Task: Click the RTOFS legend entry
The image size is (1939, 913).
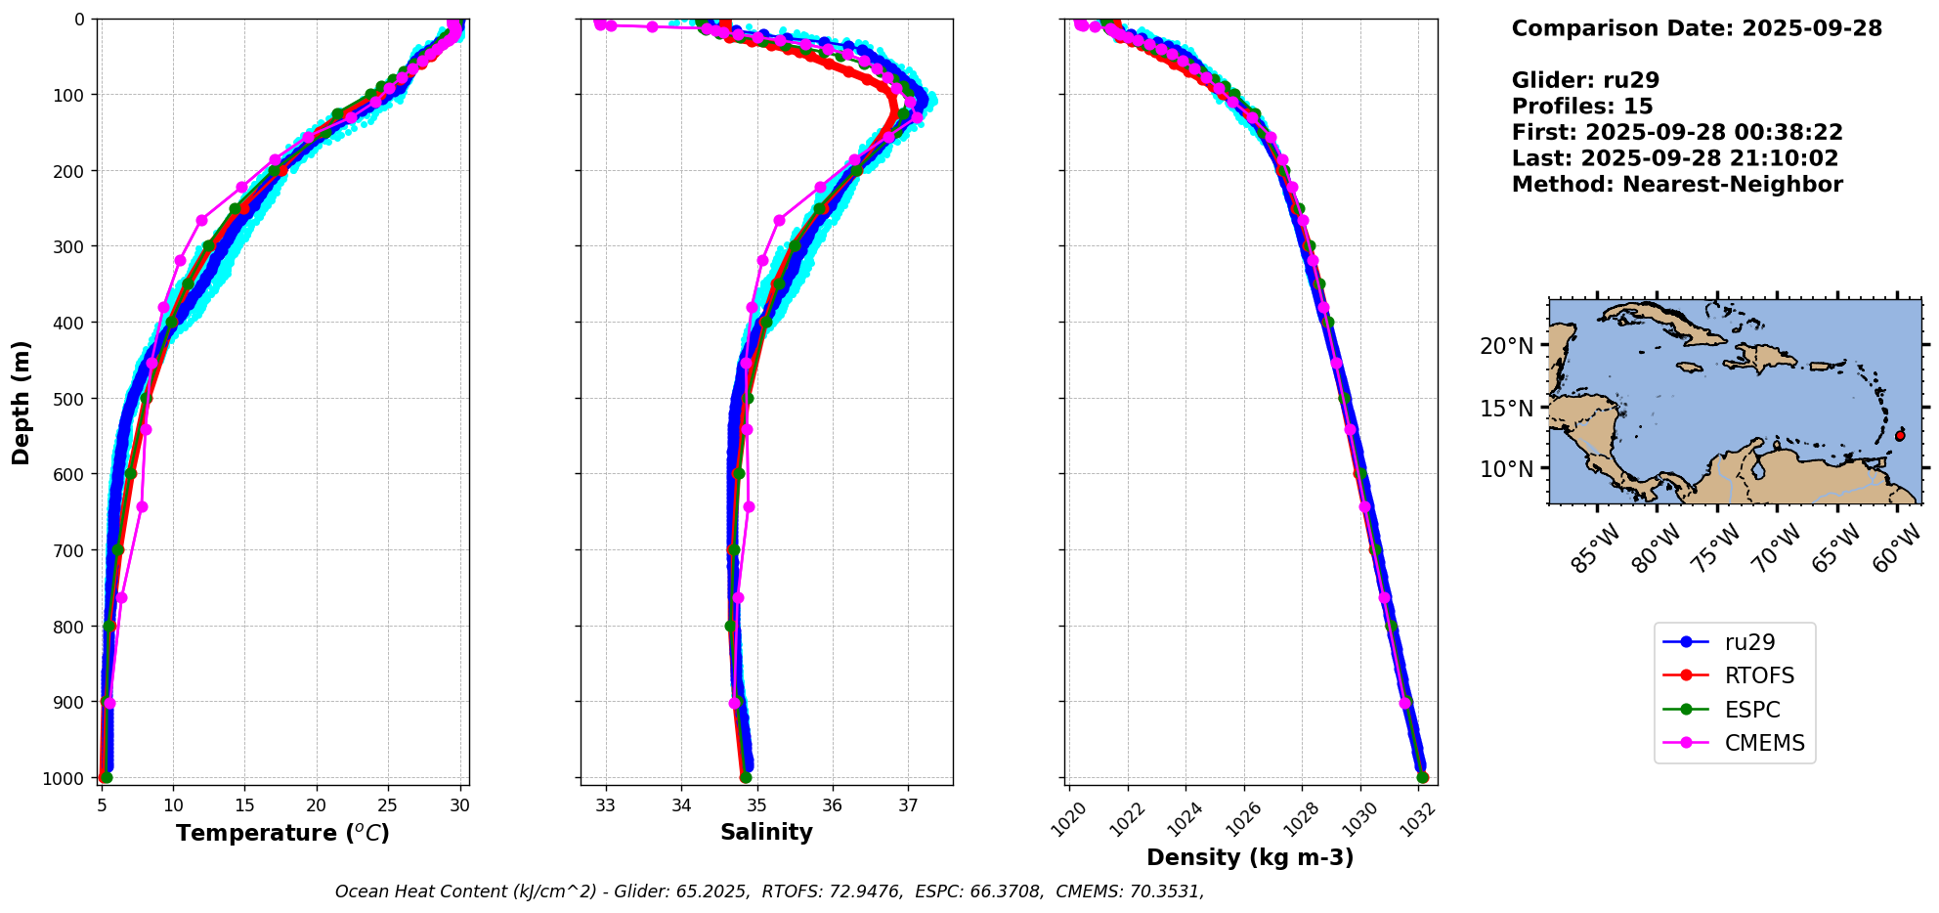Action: pos(1759,675)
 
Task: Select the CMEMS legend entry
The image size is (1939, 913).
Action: pos(1764,743)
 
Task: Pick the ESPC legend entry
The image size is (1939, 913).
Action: pos(1752,710)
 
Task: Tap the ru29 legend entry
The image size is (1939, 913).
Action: pos(1749,642)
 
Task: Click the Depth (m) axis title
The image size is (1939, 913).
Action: pos(22,402)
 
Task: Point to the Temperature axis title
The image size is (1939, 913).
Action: pos(282,833)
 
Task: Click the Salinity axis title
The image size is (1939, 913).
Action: pos(766,832)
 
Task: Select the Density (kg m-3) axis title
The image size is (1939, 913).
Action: pos(1250,857)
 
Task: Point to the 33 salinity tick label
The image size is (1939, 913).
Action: pos(606,805)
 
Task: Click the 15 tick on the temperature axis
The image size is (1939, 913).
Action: pos(244,805)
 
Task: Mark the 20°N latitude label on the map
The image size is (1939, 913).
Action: pos(1506,346)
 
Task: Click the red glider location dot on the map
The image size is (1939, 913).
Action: pos(1900,436)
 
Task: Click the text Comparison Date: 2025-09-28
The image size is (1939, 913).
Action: pos(1697,28)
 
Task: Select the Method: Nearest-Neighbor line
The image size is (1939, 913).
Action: pos(1677,185)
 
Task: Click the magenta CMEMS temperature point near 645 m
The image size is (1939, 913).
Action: pos(142,506)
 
